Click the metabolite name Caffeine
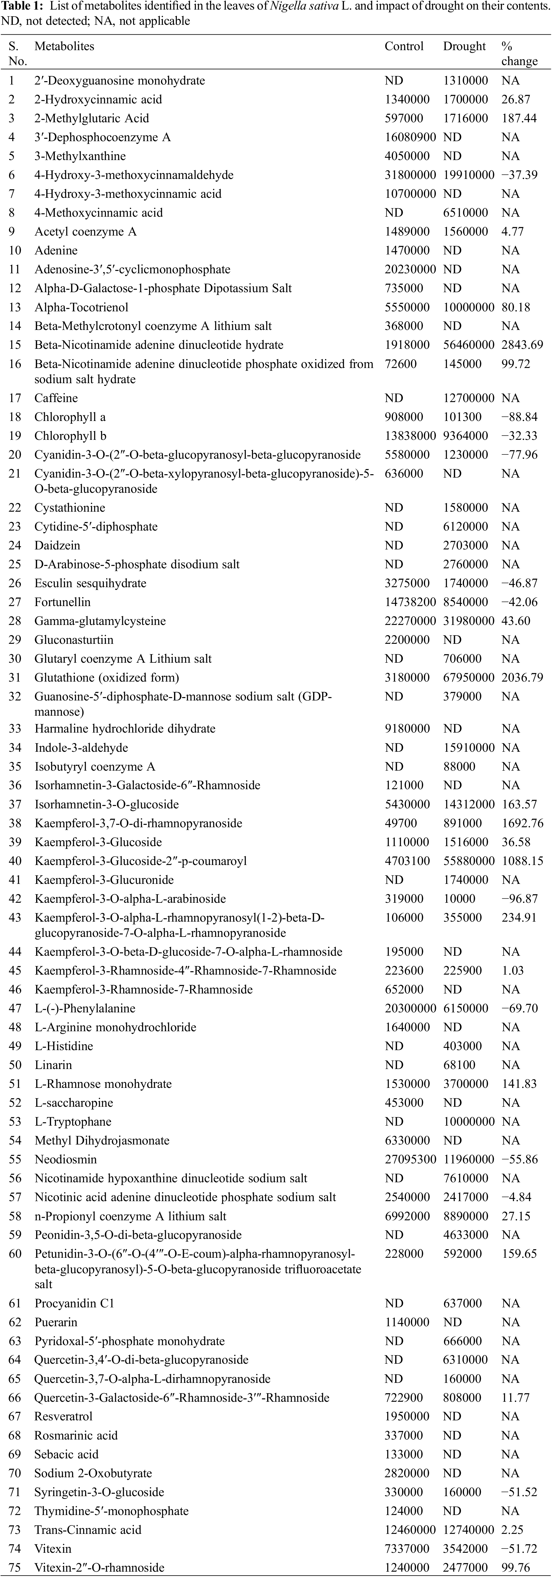(56, 398)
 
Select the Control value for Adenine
(404, 250)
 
